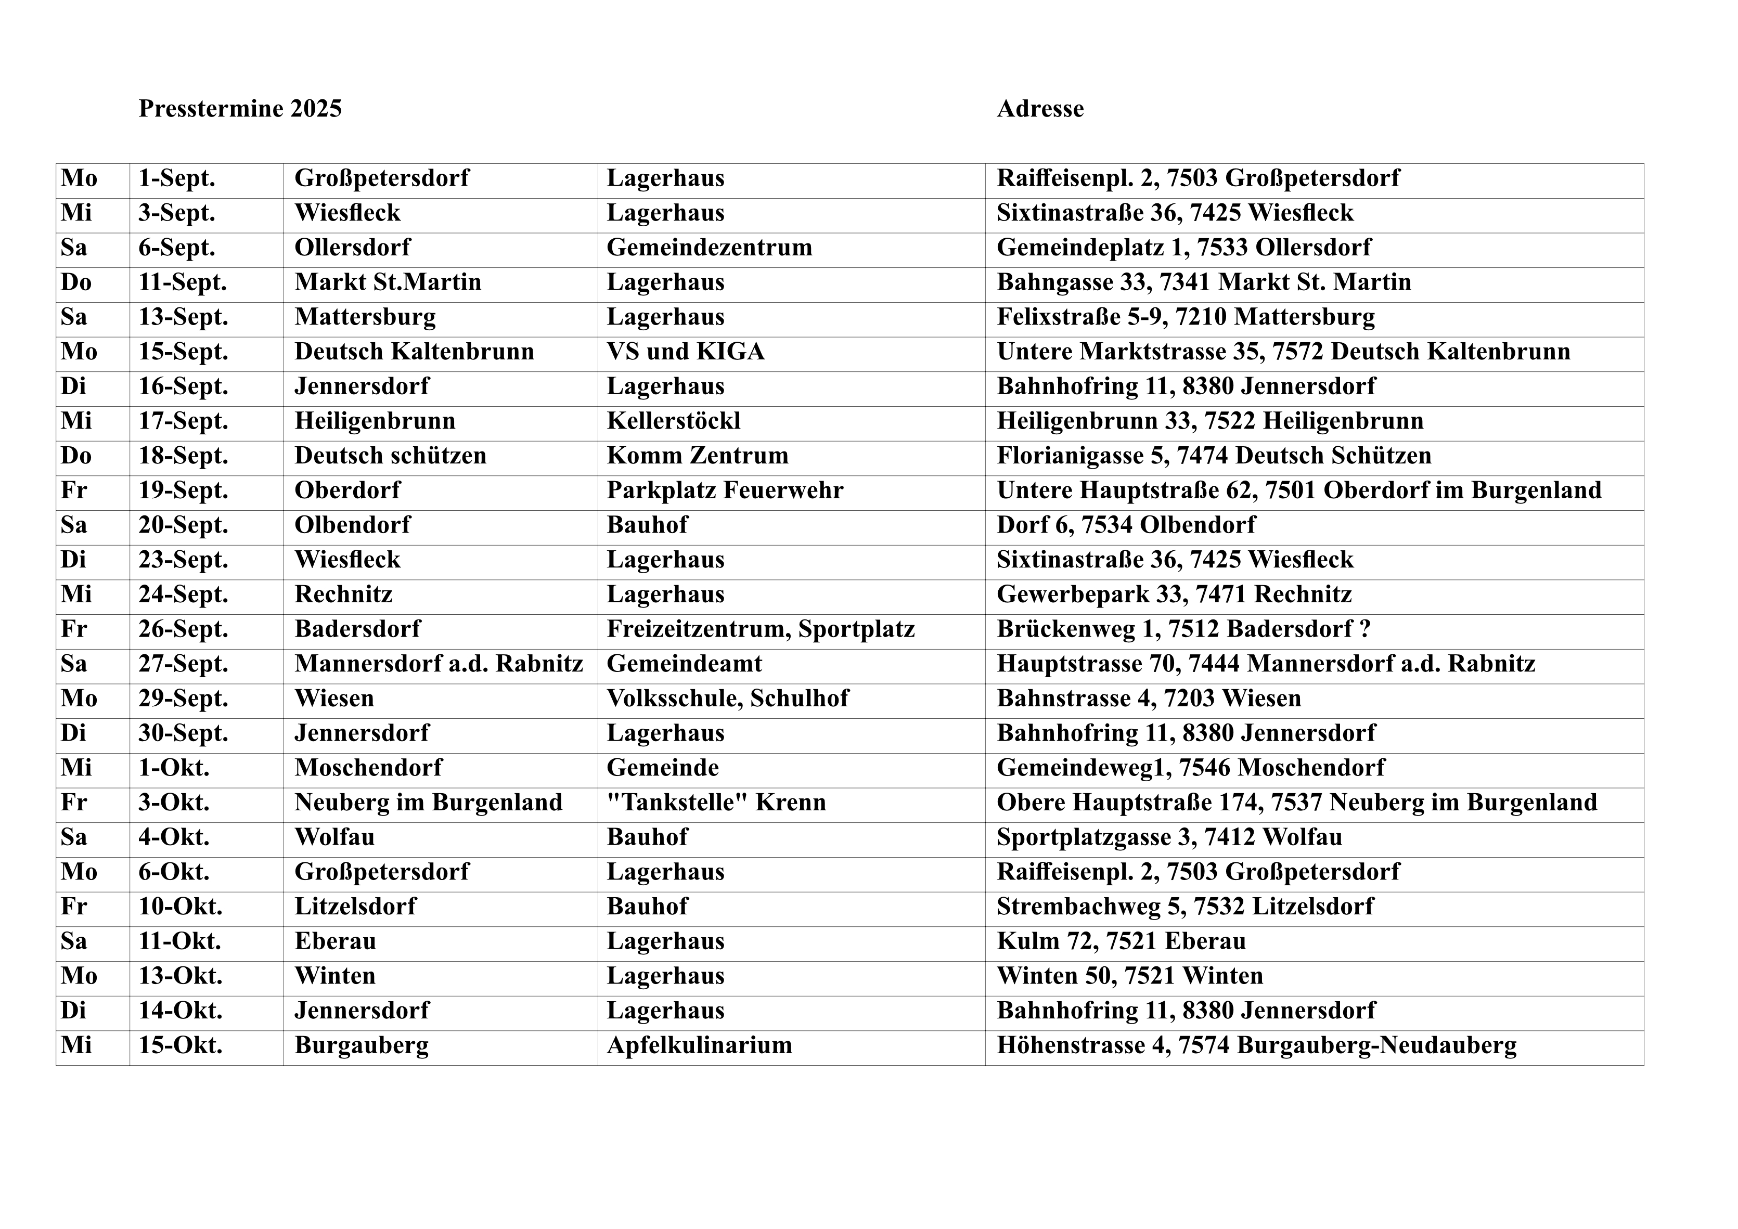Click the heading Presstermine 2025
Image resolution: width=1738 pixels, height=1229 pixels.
240,109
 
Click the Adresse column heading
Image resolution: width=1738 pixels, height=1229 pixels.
1039,109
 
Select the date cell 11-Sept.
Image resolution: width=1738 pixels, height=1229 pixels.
183,282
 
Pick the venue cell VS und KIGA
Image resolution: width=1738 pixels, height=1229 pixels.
685,352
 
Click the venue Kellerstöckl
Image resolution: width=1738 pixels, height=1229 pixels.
673,421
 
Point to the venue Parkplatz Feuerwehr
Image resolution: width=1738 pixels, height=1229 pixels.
725,490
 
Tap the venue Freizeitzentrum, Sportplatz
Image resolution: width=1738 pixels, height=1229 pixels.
760,629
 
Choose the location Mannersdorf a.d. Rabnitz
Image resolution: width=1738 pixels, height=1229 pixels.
439,664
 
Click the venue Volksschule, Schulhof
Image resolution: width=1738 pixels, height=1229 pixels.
727,698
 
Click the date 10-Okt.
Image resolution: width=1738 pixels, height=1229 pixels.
180,907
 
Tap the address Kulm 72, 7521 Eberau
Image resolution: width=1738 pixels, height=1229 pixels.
1121,941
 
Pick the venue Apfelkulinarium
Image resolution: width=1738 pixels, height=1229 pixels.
699,1046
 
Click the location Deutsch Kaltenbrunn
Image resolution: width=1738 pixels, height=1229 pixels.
414,352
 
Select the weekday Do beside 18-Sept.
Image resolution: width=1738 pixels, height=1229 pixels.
76,456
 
